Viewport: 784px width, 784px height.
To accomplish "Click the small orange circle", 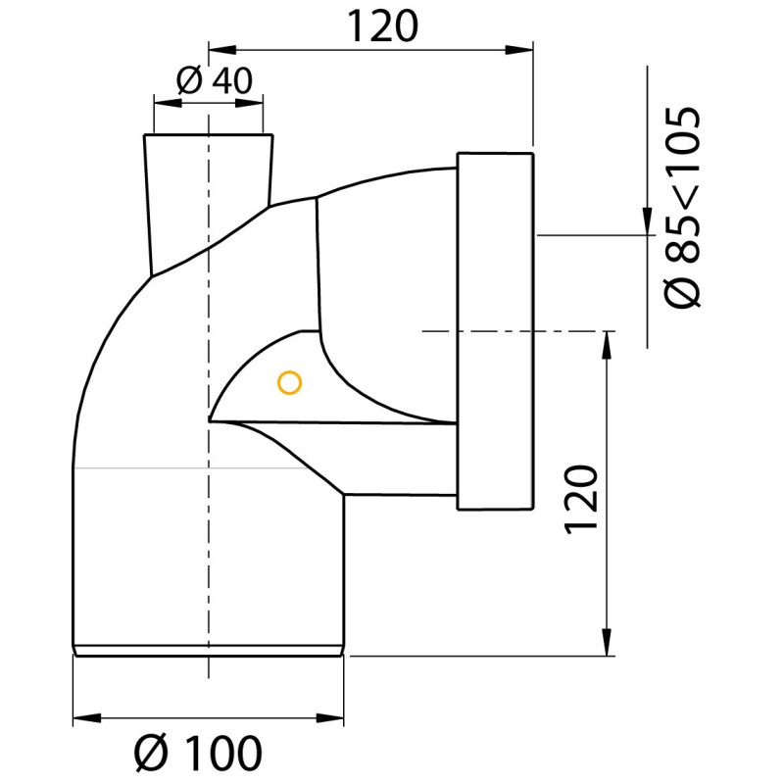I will click(x=288, y=383).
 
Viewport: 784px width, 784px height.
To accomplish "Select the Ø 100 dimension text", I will click(x=199, y=753).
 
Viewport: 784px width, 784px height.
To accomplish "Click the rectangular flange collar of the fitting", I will click(x=495, y=332).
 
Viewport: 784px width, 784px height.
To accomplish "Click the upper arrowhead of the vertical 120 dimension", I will click(x=609, y=345).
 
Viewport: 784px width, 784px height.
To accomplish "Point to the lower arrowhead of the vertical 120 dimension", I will click(x=609, y=642).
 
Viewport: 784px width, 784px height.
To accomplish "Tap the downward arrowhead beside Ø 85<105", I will click(x=647, y=220).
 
